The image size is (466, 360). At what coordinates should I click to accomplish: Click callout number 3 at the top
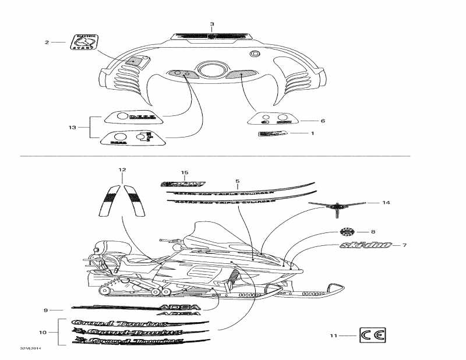tap(212, 24)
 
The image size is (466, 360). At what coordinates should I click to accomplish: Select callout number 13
tap(72, 126)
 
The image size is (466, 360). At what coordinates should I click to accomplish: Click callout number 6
tap(323, 121)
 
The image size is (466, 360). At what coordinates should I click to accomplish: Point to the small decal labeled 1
tap(273, 134)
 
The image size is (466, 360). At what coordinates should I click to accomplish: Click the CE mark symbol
tap(373, 335)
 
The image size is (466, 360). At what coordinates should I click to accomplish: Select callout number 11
tap(334, 336)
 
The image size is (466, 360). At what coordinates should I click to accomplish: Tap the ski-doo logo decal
tap(366, 245)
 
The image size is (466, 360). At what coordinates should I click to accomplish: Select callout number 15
tap(185, 173)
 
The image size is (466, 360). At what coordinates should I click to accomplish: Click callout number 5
tap(238, 181)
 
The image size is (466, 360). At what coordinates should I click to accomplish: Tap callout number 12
tap(122, 170)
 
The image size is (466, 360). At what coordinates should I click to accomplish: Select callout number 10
tap(42, 332)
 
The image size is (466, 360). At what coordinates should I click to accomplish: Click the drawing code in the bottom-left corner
tap(29, 348)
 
